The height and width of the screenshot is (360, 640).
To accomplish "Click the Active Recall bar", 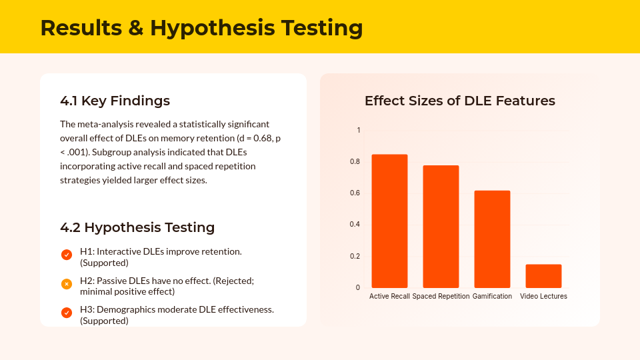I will click(389, 221).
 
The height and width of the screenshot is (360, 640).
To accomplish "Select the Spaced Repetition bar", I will click(441, 227).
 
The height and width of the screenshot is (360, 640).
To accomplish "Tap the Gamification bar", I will click(492, 239).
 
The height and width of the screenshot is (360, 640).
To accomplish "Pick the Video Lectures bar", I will click(543, 276).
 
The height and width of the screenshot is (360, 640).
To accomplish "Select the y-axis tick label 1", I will click(359, 130).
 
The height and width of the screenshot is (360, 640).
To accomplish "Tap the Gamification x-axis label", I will click(492, 296).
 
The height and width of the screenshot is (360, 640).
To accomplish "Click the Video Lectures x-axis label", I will click(543, 296).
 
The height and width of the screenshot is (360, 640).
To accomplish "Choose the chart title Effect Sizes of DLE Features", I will click(459, 101).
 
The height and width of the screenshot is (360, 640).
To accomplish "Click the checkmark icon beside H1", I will click(67, 255).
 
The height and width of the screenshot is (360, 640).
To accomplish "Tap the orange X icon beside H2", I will click(67, 284).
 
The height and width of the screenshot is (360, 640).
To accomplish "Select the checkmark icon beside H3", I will click(67, 313).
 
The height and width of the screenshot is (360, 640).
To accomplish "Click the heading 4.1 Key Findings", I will click(115, 101).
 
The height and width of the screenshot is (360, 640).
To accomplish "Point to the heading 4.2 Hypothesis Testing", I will click(137, 227).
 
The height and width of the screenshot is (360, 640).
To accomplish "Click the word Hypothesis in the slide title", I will click(212, 28).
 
